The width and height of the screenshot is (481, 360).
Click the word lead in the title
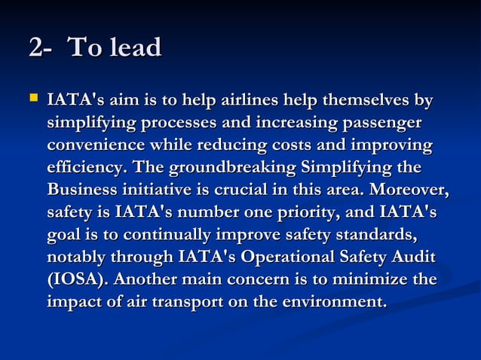pyautogui.click(x=136, y=50)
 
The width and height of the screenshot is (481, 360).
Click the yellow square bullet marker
pyautogui.click(x=32, y=99)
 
